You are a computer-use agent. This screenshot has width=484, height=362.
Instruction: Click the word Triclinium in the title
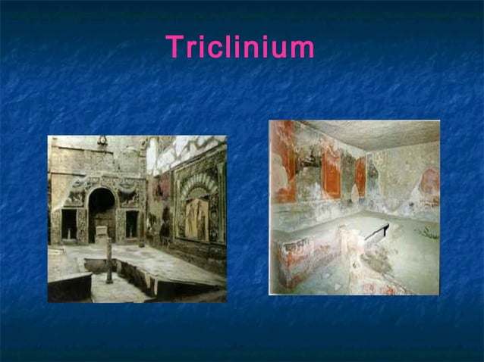[240, 47]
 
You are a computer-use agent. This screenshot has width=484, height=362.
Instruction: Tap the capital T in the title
[174, 47]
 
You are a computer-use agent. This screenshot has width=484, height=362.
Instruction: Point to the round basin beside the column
[95, 263]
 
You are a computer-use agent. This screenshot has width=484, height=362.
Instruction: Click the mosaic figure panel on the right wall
[196, 217]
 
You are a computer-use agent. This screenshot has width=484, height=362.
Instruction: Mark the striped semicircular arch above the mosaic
[196, 186]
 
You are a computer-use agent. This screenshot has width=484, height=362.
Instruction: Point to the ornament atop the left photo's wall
[102, 140]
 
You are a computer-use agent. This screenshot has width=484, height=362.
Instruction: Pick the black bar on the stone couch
[376, 232]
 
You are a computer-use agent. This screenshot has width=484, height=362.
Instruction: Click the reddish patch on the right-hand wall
[429, 181]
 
